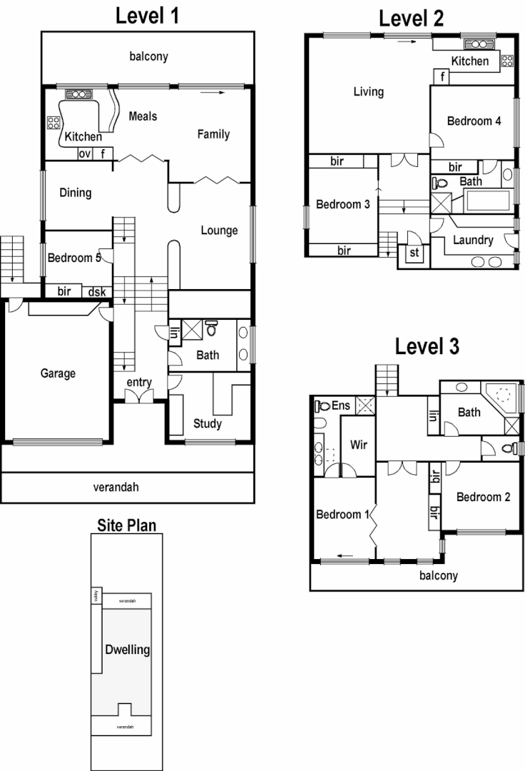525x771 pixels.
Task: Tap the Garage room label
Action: [x=58, y=373]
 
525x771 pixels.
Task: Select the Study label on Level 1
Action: [x=208, y=423]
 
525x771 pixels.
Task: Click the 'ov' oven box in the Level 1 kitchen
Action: [x=84, y=153]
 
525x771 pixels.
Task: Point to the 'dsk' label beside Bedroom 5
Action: [x=96, y=291]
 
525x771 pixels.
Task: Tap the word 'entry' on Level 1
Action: [x=139, y=383]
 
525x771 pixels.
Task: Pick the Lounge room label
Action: [x=219, y=230]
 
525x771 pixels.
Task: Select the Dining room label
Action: [x=76, y=192]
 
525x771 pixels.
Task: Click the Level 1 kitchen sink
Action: [x=76, y=94]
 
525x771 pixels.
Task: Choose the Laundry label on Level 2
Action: [x=473, y=240]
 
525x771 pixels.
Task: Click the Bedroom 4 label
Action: [x=474, y=121]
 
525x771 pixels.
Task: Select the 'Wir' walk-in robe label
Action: [x=358, y=444]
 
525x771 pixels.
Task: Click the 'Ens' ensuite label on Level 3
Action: [x=340, y=405]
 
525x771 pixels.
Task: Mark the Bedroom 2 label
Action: [x=483, y=497]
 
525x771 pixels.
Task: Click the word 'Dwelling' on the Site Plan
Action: [x=127, y=650]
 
